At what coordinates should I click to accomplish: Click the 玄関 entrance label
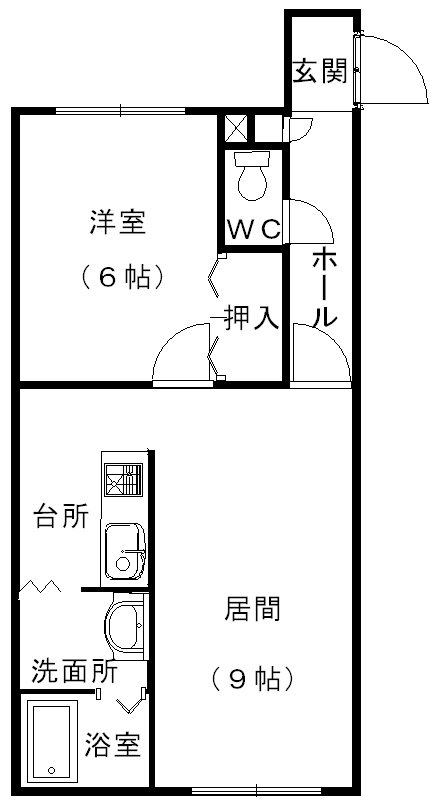[x=319, y=71]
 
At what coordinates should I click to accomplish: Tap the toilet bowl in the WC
[x=252, y=176]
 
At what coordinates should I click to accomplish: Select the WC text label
[x=254, y=229]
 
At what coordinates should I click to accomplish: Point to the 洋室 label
[x=118, y=223]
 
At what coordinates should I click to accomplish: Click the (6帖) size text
[x=122, y=277]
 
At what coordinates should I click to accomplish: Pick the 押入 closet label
[x=252, y=318]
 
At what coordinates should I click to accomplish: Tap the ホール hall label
[x=325, y=290]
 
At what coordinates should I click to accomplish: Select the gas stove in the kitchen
[x=124, y=479]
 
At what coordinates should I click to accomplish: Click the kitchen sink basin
[x=125, y=550]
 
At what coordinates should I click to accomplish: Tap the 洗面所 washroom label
[x=75, y=671]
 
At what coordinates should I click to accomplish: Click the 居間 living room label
[x=252, y=609]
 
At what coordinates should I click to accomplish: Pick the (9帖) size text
[x=252, y=679]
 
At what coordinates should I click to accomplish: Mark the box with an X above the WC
[x=236, y=128]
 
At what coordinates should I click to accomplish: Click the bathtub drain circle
[x=51, y=770]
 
